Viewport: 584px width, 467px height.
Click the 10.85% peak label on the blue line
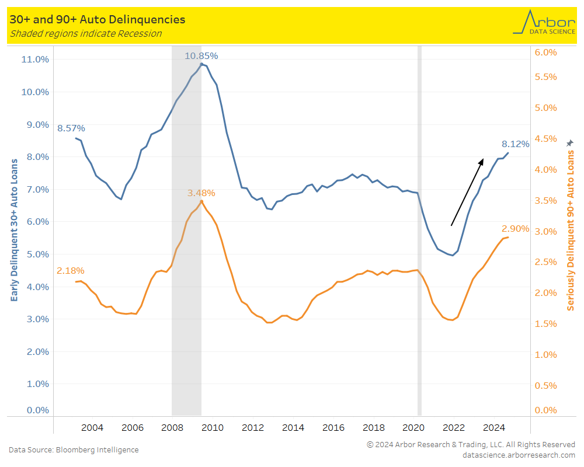click(x=201, y=56)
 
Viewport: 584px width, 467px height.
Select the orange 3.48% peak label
click(x=201, y=193)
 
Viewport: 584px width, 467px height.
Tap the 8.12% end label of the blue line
click(x=515, y=144)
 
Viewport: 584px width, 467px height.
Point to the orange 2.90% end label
click(x=515, y=228)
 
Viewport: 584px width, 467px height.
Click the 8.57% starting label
click(x=71, y=128)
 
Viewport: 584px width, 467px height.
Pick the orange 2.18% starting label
click(x=71, y=270)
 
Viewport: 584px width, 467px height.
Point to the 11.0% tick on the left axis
click(x=35, y=59)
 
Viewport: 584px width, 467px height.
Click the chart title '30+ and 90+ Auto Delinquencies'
click(x=98, y=19)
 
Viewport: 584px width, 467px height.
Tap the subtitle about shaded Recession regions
click(x=86, y=33)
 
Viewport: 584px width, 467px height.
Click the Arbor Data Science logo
click(x=544, y=23)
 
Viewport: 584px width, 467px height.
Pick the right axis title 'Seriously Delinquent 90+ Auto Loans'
click(x=571, y=229)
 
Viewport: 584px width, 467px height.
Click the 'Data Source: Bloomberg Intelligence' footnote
click(x=74, y=449)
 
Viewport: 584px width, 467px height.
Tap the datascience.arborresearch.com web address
click(x=519, y=455)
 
